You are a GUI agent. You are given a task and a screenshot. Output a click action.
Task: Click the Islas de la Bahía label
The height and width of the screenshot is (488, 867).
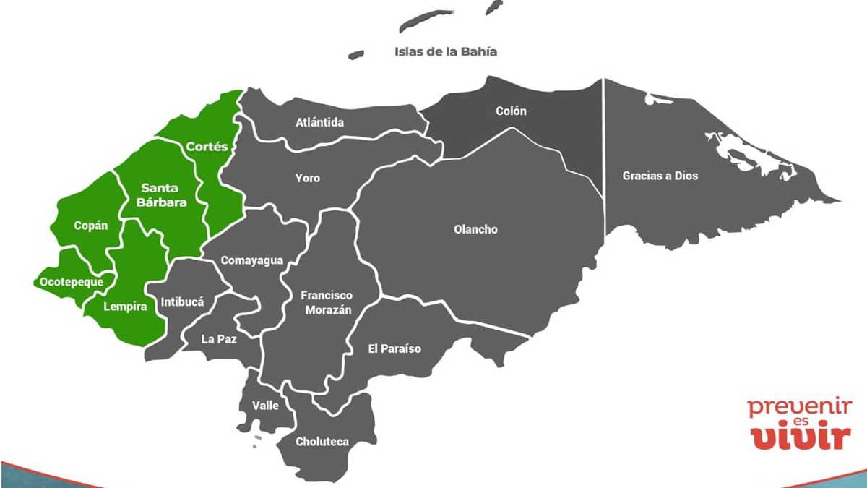(x=446, y=51)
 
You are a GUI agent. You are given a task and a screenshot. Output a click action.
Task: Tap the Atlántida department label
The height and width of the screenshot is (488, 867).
(x=319, y=122)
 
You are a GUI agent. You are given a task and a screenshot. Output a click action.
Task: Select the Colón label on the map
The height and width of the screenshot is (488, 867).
(x=511, y=111)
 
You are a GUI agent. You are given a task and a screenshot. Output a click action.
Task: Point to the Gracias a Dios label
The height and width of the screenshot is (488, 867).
(x=660, y=176)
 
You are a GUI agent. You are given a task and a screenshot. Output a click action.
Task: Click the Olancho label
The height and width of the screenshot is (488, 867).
(x=475, y=229)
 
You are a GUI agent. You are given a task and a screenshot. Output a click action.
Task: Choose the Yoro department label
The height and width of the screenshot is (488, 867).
(x=307, y=178)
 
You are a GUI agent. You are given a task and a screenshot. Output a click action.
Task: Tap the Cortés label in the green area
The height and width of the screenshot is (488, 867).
(x=207, y=147)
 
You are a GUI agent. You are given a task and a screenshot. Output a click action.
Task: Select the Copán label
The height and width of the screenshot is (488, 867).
(x=91, y=226)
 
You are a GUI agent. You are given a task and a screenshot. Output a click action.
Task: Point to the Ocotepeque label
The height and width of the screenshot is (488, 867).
(x=72, y=282)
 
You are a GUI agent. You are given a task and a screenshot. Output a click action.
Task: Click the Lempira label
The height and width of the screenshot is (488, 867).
(x=125, y=307)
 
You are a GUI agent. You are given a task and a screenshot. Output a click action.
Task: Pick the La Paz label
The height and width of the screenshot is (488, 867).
(x=219, y=338)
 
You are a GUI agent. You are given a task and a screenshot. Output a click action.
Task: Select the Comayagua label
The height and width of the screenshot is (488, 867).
(x=251, y=260)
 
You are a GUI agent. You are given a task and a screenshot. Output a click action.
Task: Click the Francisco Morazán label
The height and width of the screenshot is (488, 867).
(x=327, y=303)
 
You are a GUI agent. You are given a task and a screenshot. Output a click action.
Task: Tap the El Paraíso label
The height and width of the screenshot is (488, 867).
(x=394, y=349)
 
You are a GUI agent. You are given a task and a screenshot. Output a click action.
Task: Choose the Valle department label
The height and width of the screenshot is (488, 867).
(x=265, y=406)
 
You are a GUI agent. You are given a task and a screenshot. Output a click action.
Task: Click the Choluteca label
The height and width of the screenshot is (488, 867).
(x=322, y=442)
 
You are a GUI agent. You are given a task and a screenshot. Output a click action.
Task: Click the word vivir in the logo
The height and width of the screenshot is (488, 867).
(x=798, y=438)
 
